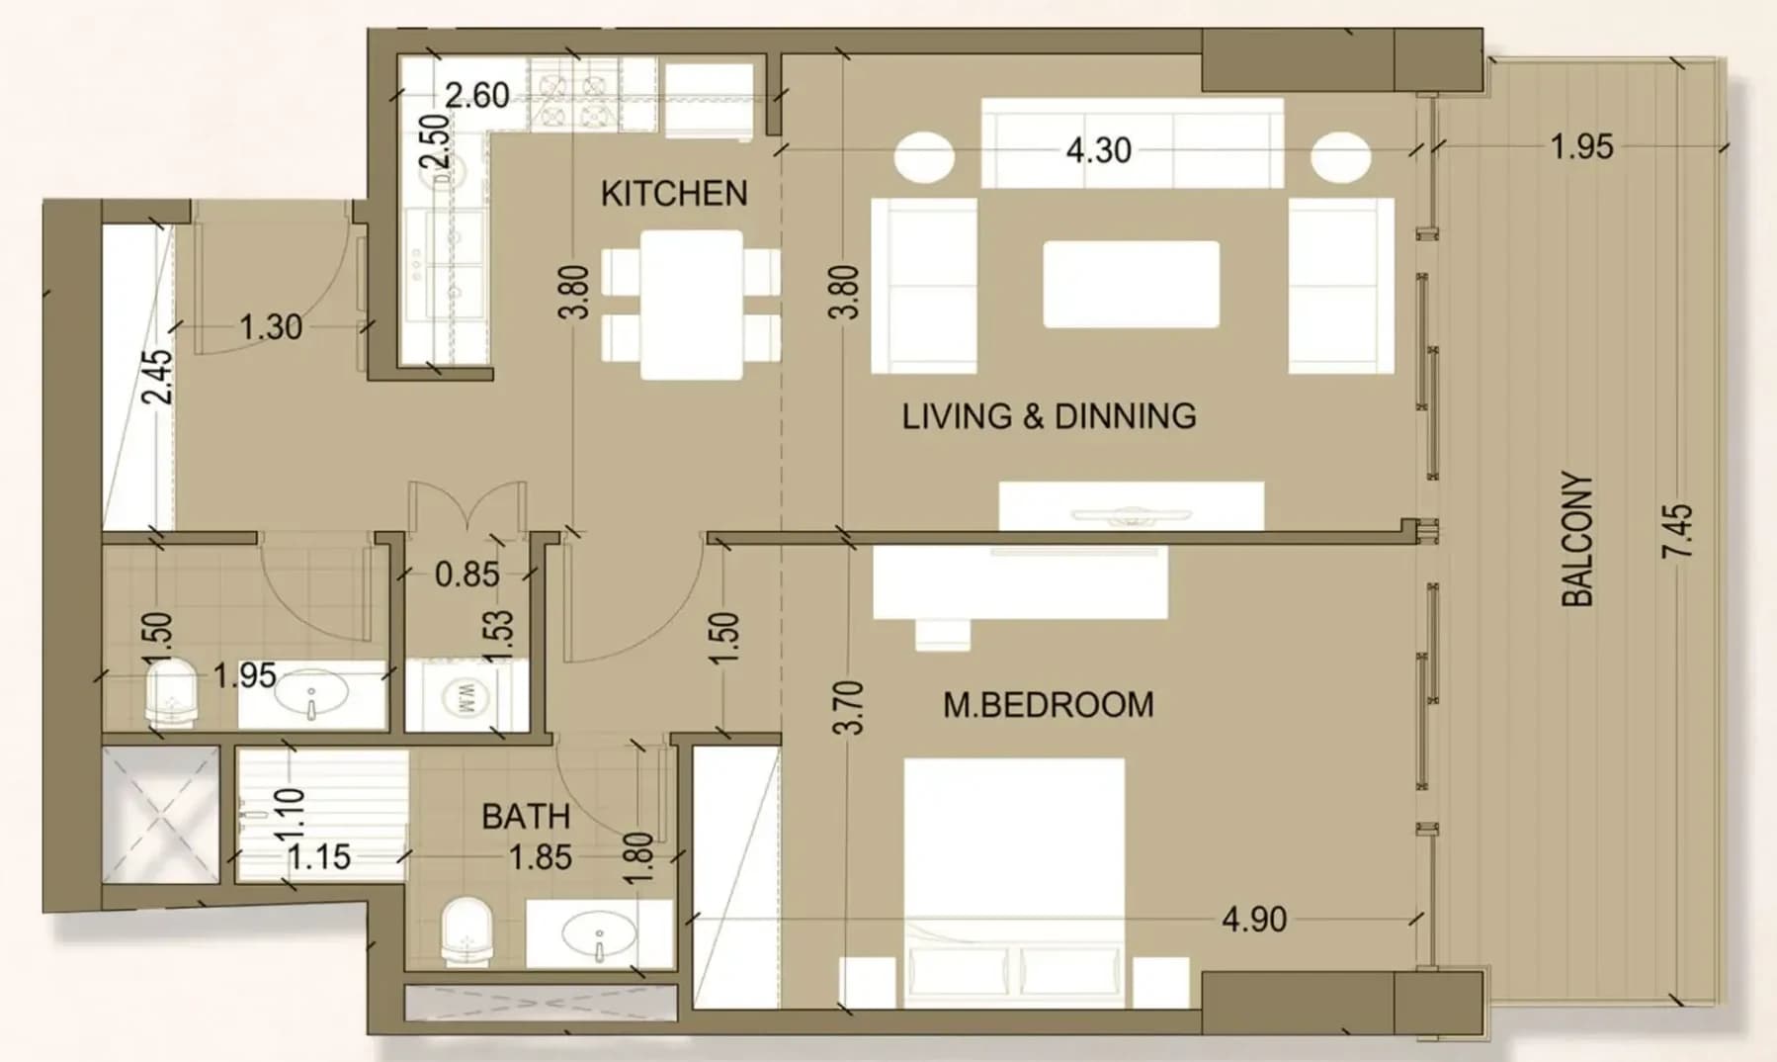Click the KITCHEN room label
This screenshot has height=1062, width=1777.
point(674,193)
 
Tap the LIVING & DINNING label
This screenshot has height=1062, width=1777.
point(1049,416)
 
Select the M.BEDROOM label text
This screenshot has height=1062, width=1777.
point(1048,705)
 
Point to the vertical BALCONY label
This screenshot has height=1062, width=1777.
point(1577,539)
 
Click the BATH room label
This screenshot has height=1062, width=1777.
point(526,817)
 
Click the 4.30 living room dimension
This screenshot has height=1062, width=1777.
point(1099,150)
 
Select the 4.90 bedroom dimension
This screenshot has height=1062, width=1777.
point(1254,920)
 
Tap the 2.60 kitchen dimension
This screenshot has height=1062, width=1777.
point(477,96)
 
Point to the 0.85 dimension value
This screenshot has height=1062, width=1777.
point(467,574)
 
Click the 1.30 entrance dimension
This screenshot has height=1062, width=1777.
point(271,327)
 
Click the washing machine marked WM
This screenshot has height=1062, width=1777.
point(465,696)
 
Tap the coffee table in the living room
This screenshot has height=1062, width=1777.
point(1131,284)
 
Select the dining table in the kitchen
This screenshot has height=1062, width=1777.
point(692,305)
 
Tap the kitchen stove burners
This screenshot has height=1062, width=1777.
point(572,96)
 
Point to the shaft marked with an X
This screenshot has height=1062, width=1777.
point(161,815)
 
